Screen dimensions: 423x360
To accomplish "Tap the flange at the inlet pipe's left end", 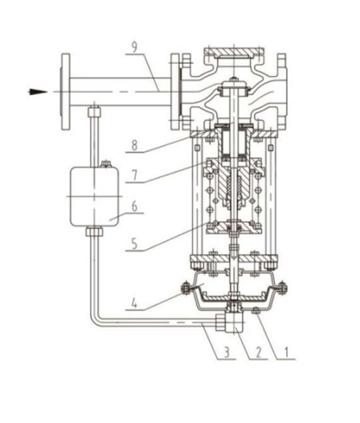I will (65, 92).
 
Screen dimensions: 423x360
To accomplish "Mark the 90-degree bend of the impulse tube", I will (95, 321).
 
